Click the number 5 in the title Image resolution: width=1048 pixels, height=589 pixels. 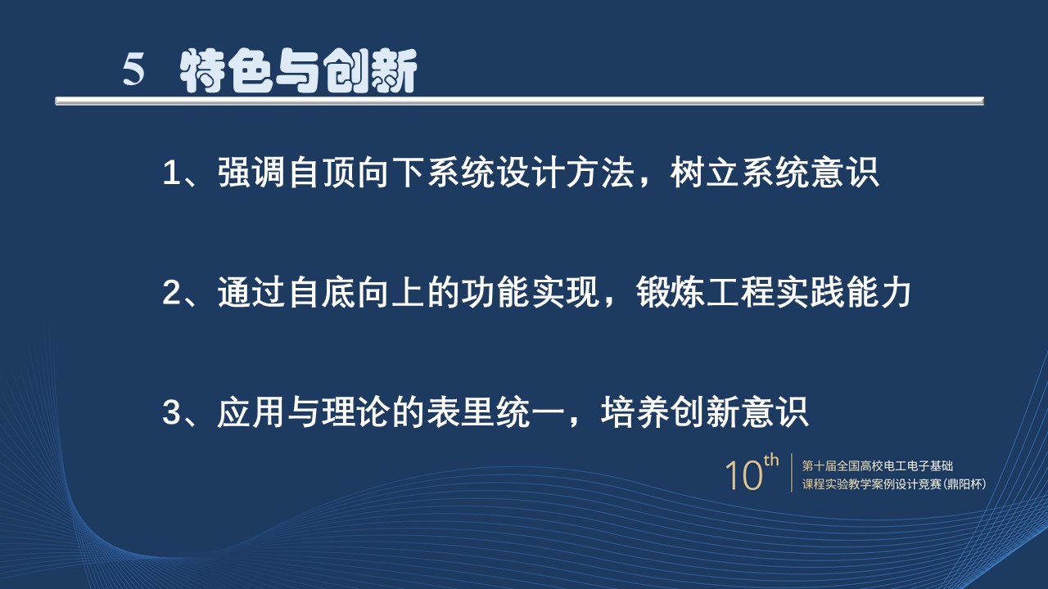(x=133, y=70)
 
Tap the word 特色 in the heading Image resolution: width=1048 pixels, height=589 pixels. (x=226, y=71)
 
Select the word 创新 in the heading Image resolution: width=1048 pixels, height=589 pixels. (x=370, y=71)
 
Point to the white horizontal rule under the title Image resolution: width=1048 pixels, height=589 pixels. (x=520, y=101)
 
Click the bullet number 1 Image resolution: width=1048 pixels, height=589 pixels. (x=171, y=173)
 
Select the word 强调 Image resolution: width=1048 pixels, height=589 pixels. (x=251, y=173)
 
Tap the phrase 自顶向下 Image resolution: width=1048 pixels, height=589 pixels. (x=356, y=173)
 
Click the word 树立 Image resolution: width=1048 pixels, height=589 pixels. (x=704, y=173)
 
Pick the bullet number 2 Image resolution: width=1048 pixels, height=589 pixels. (x=171, y=293)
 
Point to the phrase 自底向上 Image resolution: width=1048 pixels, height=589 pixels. (x=356, y=293)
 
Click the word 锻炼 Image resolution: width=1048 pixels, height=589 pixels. (x=670, y=293)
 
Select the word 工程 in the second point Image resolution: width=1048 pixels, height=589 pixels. (x=739, y=293)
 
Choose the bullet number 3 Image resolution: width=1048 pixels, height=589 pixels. (x=171, y=412)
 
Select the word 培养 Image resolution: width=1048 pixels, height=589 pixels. (x=635, y=412)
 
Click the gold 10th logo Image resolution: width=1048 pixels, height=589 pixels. (x=752, y=473)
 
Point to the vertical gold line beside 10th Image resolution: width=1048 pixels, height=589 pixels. (x=792, y=473)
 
